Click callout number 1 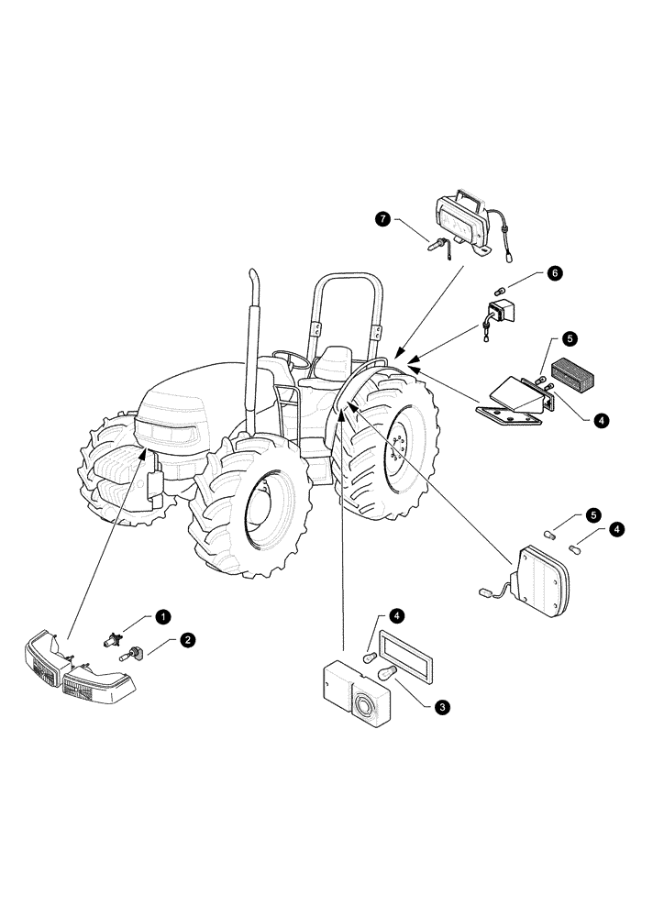click(x=161, y=617)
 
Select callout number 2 click(x=186, y=640)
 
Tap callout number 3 click(x=442, y=707)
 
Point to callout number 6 click(x=556, y=273)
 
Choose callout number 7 click(x=382, y=218)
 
